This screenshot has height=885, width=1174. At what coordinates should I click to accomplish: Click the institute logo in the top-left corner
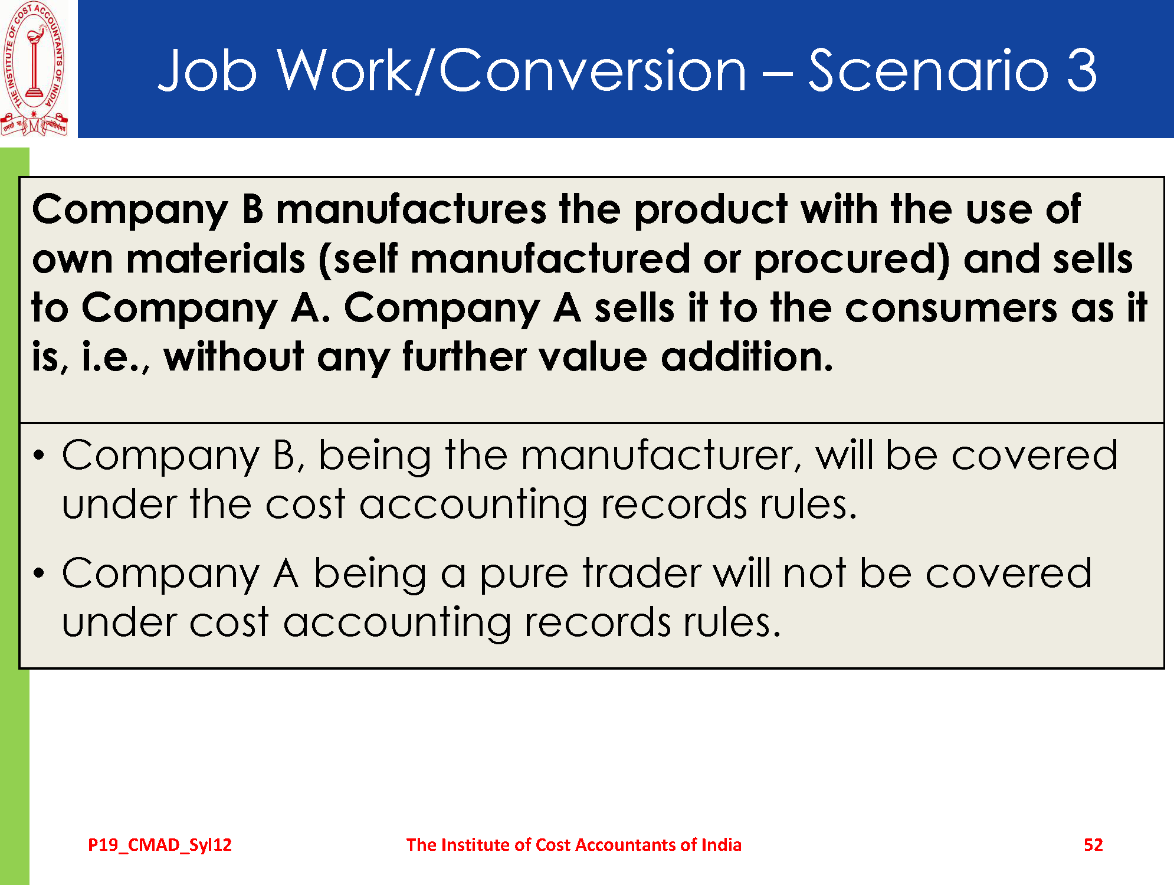coord(34,69)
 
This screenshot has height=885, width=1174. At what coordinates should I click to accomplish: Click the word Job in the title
coord(207,70)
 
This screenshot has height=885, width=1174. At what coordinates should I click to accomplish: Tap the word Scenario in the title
coord(929,70)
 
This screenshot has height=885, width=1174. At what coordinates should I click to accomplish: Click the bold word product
coord(711,210)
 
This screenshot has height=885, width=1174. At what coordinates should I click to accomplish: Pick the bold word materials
coord(216,259)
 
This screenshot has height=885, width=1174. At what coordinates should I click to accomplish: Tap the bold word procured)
coord(852,260)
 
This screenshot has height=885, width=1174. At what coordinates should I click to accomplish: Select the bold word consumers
coord(951,309)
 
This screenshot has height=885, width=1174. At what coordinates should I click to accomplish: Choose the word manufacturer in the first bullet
coord(661,455)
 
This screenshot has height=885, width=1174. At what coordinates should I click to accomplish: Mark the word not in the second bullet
coord(815,573)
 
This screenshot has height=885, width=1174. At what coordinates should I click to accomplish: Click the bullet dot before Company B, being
coord(39,455)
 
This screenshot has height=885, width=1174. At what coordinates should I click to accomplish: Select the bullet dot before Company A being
coord(39,573)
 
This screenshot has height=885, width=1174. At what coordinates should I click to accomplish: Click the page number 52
coord(1093,845)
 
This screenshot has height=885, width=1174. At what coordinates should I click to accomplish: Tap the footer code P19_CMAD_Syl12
coord(160,845)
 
